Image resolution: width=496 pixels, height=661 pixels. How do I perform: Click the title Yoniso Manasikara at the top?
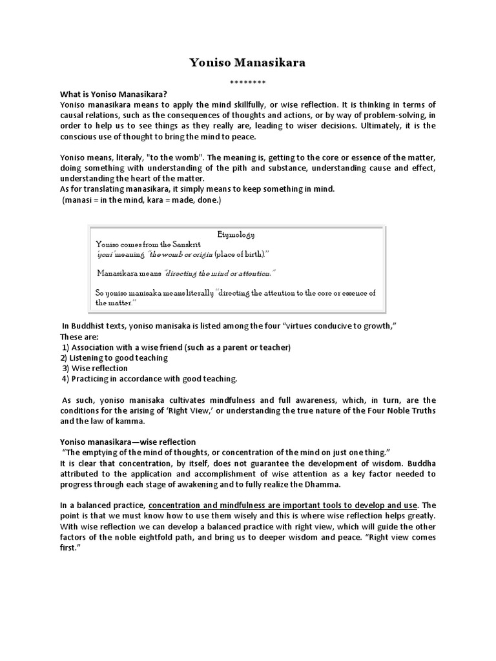(247, 63)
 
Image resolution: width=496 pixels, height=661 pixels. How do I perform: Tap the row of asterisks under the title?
(247, 83)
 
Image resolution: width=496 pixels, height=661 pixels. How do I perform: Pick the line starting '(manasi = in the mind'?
(141, 200)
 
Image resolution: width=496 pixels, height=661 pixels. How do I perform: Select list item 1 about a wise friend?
(176, 347)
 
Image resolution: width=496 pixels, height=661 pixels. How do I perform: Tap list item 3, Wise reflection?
(95, 368)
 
